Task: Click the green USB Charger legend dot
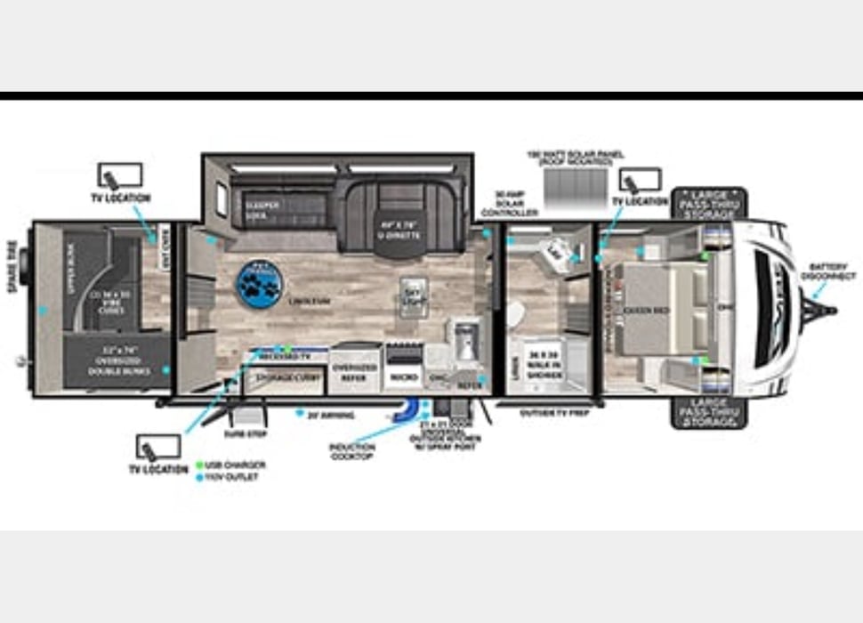(198, 465)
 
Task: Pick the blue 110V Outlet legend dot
(198, 478)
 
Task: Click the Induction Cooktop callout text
(351, 452)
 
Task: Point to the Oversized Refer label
(354, 372)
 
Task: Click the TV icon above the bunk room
(119, 174)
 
